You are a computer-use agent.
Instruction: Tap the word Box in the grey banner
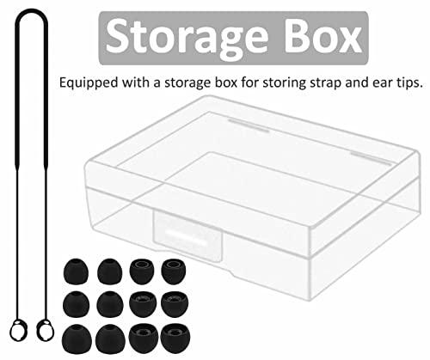(x=323, y=36)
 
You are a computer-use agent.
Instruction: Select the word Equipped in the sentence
(x=89, y=83)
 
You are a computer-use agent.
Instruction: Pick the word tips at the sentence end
(x=408, y=83)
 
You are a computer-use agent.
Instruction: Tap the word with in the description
(x=136, y=82)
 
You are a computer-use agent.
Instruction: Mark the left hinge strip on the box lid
(x=249, y=125)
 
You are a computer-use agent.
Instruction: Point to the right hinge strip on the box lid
(x=371, y=159)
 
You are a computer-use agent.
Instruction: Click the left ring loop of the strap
(x=18, y=330)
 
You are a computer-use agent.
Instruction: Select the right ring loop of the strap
(x=46, y=330)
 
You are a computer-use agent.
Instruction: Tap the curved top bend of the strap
(x=32, y=11)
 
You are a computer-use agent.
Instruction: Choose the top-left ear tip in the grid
(x=76, y=271)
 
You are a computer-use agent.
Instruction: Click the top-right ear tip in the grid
(x=174, y=272)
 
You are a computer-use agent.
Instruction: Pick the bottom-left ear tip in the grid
(x=77, y=339)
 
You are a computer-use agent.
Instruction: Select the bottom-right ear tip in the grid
(x=175, y=339)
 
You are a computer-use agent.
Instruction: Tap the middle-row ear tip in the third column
(x=143, y=304)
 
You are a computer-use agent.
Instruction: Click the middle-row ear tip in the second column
(x=110, y=304)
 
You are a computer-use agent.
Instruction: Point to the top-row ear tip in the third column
(x=142, y=272)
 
